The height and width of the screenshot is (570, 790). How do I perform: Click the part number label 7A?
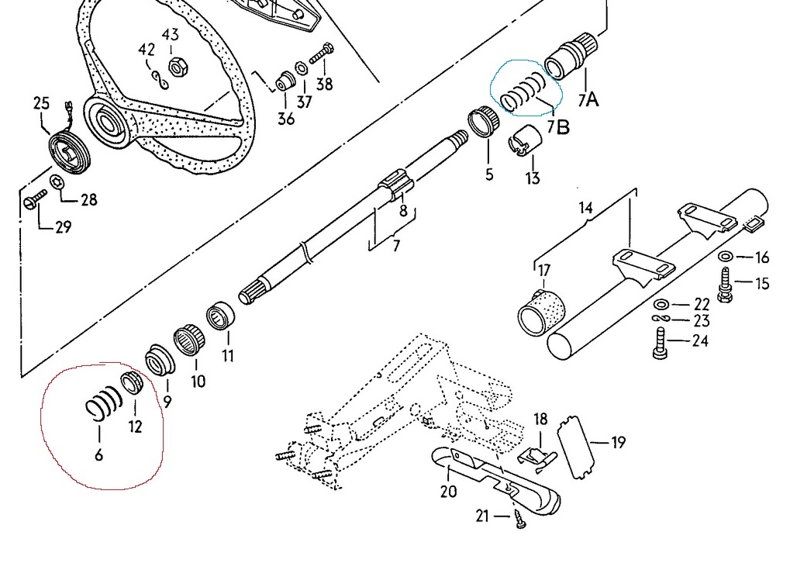[588, 98]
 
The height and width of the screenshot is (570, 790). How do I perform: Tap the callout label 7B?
[557, 126]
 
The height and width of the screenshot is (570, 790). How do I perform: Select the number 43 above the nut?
[171, 35]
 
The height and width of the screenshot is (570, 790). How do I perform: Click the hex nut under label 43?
[175, 67]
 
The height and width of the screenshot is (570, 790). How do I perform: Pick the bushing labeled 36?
[285, 80]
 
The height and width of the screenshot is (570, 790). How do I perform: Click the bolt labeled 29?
[33, 203]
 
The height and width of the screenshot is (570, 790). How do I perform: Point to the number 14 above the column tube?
[585, 208]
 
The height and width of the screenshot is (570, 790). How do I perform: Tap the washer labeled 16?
[726, 257]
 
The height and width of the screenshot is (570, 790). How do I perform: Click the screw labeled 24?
[660, 341]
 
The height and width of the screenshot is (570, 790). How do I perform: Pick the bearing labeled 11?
[221, 319]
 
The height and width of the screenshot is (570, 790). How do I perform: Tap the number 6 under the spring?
[99, 454]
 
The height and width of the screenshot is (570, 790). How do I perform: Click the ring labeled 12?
[133, 382]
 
